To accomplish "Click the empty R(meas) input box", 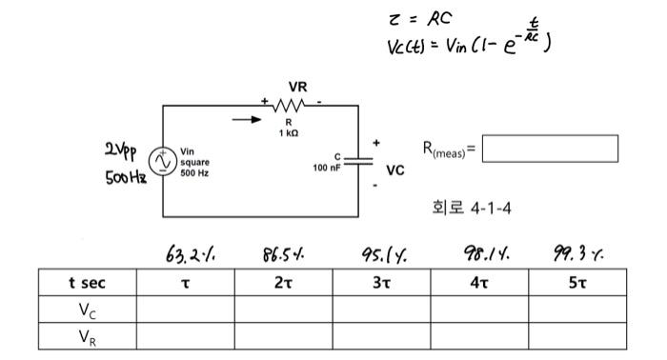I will pos(550,149).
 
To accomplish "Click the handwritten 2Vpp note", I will pos(125,150).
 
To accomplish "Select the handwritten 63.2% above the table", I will pos(181,254).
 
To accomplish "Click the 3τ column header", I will pos(381,283).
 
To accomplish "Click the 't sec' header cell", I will pos(88,283).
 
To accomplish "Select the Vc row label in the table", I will pos(88,309).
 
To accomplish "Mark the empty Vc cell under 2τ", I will pos(283,309).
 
